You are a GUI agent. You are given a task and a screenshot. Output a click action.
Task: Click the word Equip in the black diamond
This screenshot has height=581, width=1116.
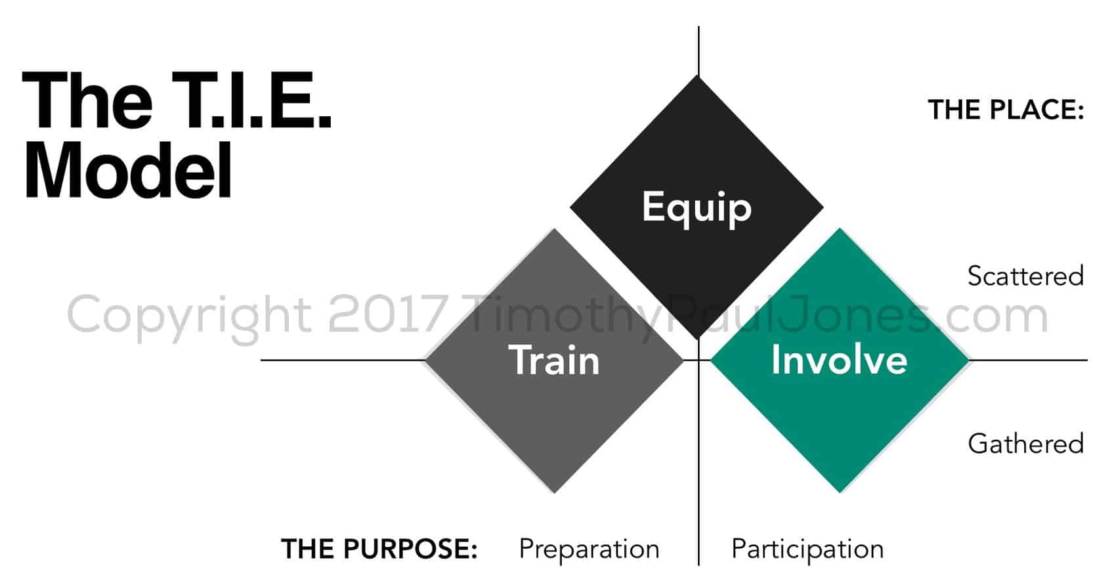tap(697, 207)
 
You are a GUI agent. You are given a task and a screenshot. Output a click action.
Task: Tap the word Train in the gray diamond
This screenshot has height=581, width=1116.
tap(554, 360)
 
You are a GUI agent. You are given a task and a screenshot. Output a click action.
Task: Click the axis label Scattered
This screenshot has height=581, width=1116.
tap(1025, 276)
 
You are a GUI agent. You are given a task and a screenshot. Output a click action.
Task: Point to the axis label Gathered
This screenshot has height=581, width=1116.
tap(1026, 444)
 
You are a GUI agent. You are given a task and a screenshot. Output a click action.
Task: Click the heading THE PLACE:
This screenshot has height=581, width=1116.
tap(1006, 110)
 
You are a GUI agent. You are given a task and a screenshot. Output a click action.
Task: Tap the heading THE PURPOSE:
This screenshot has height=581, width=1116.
tap(379, 549)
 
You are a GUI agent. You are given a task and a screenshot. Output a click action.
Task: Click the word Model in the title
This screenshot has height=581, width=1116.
tap(128, 170)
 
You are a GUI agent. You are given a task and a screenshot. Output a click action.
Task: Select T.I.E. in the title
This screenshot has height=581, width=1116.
tap(251, 100)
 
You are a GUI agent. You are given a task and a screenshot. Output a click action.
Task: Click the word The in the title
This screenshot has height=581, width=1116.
tap(87, 100)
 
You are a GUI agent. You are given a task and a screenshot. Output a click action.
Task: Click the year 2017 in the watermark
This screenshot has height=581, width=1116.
tap(387, 314)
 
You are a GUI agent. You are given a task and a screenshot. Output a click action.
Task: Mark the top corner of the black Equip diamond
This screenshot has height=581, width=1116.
tap(697, 75)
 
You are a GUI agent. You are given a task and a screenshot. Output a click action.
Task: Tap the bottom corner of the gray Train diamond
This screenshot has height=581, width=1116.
tap(555, 492)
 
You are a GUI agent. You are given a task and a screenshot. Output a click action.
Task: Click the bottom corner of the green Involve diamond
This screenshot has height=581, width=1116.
tap(840, 492)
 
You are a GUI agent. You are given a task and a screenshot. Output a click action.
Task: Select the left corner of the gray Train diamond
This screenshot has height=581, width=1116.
tap(425, 360)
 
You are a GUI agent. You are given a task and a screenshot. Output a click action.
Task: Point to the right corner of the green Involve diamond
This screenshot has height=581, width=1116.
tap(969, 360)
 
